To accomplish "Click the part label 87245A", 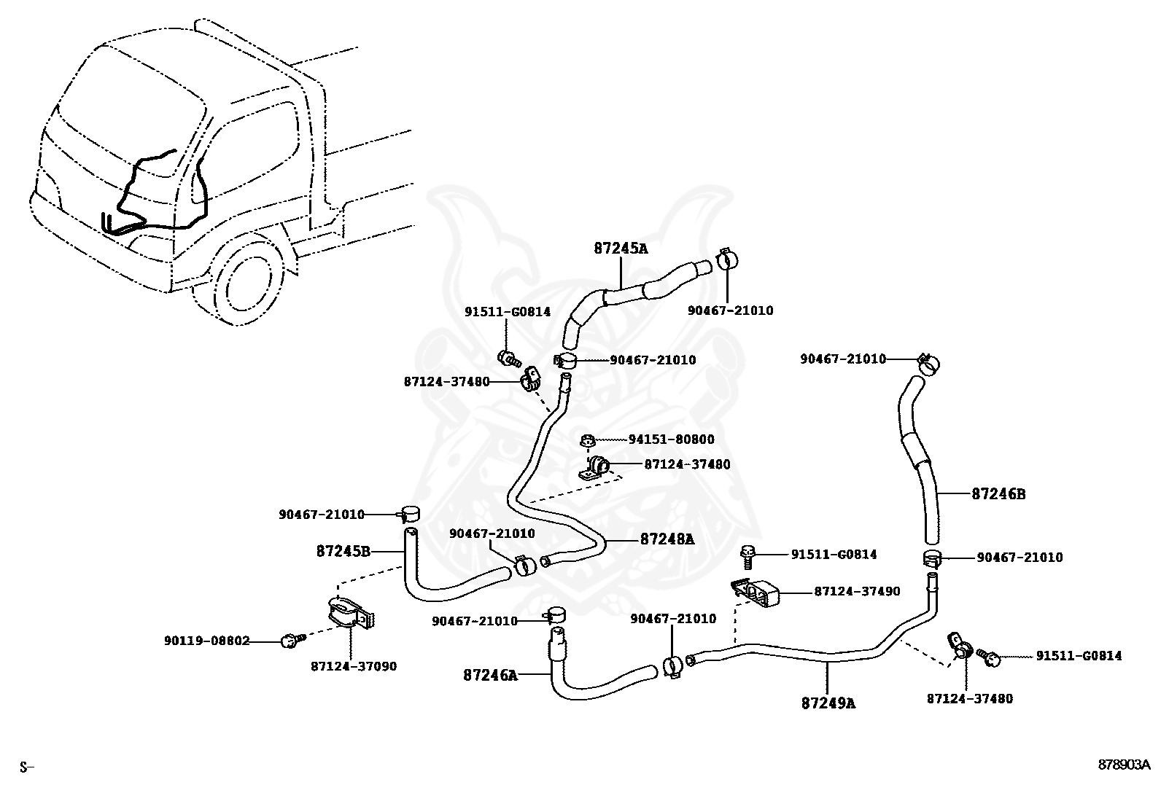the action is click(x=621, y=249).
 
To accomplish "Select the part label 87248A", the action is click(x=667, y=539).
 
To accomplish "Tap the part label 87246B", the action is click(x=998, y=494).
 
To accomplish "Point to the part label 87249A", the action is click(x=828, y=703).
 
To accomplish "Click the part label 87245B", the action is click(x=343, y=551).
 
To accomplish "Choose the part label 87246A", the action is click(x=490, y=675).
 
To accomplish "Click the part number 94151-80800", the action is click(x=671, y=439).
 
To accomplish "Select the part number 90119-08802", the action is click(x=207, y=641).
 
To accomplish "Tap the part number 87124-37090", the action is click(x=354, y=666).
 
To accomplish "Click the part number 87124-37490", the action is click(x=858, y=591).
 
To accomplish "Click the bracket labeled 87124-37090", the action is click(x=351, y=614).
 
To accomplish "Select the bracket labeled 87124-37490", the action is click(x=755, y=593).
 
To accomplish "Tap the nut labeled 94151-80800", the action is click(x=587, y=440).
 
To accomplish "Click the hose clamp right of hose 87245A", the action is click(x=728, y=259).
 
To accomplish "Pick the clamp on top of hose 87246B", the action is click(x=928, y=364).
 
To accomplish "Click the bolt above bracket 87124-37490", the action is click(x=748, y=557).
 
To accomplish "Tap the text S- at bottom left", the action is click(x=27, y=767).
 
